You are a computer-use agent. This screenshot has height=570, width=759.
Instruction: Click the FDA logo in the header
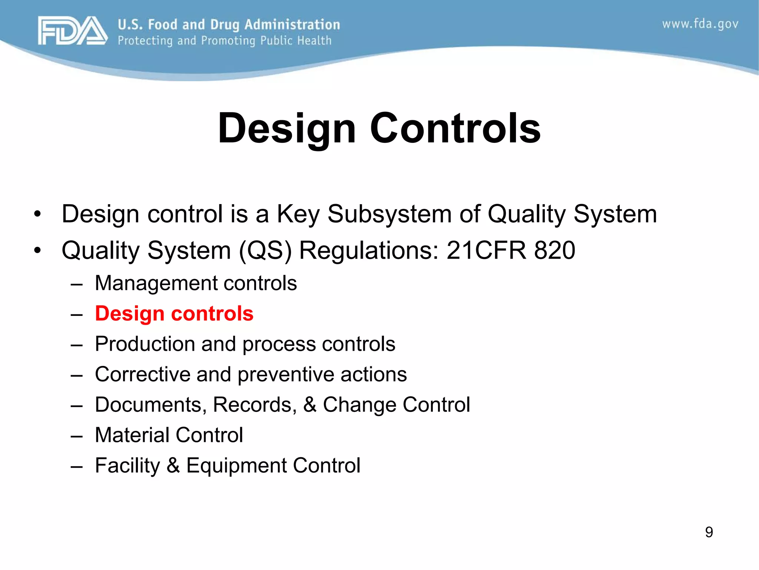[73, 31]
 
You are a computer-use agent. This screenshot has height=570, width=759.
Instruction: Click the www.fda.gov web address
[700, 24]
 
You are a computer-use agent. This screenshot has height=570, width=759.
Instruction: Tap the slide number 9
[709, 532]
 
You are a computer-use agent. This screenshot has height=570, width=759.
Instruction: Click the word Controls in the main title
[455, 128]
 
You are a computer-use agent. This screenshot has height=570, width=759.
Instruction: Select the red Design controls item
[174, 314]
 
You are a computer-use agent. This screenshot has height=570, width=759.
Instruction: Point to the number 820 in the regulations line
[554, 250]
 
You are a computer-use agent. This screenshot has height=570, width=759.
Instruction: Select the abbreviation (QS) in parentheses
[265, 251]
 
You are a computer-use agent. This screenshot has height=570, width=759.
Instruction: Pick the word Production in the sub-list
[145, 344]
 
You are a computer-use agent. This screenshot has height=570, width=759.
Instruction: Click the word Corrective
[142, 374]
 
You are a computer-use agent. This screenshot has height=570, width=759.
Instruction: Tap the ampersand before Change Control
[309, 404]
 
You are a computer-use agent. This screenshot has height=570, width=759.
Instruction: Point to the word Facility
[127, 466]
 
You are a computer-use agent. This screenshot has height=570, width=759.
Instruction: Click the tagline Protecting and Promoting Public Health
[225, 40]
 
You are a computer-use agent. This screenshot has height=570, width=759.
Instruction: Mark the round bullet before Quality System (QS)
[37, 250]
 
